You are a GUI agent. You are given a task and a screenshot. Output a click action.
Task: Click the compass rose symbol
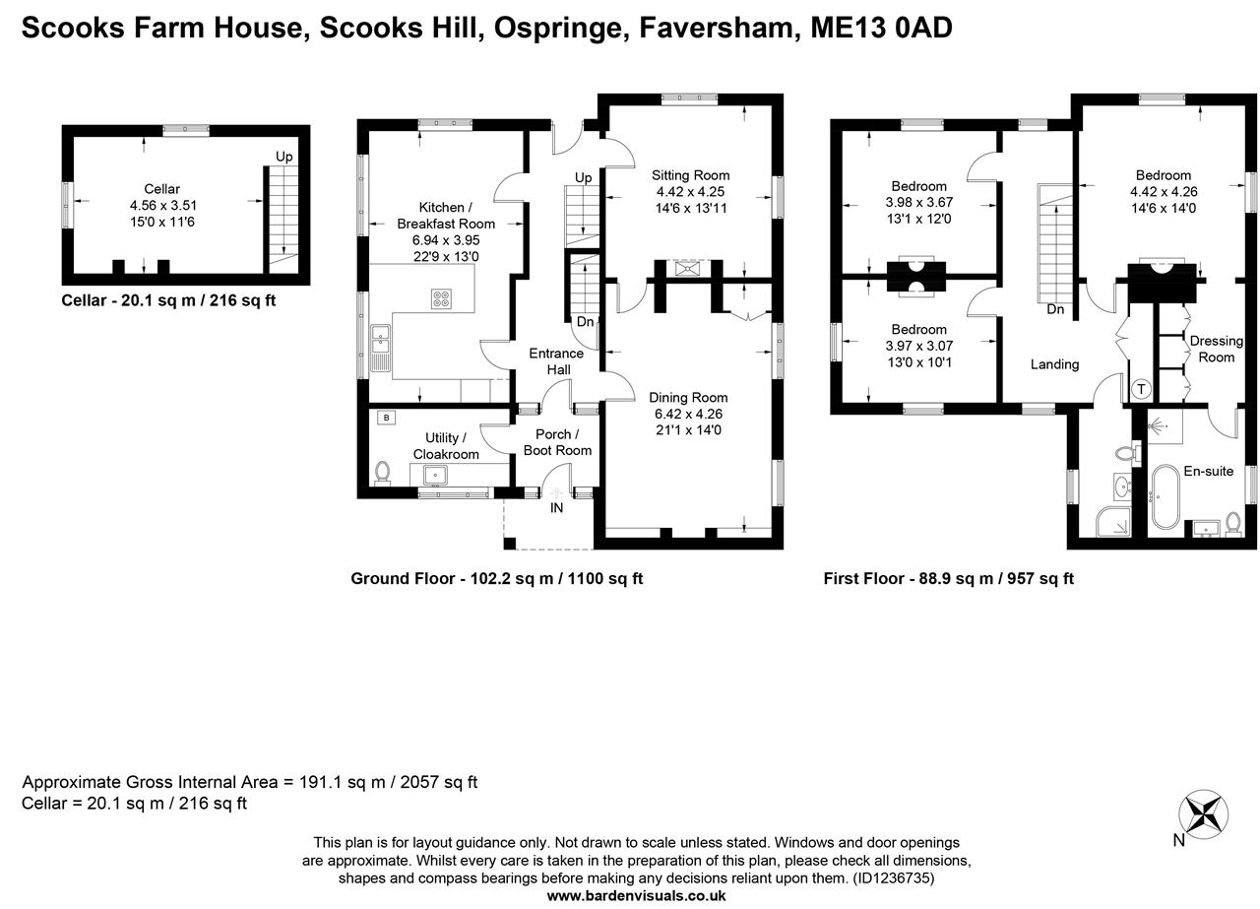[x=1204, y=814]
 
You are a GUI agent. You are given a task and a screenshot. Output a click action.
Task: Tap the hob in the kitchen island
[x=440, y=298]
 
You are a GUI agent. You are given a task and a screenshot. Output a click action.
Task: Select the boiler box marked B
[x=386, y=418]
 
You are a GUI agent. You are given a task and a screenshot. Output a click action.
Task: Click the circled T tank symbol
[x=1141, y=389]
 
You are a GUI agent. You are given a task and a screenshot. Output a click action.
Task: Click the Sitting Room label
[x=691, y=175]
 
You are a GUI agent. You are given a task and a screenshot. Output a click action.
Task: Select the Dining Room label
[x=689, y=398]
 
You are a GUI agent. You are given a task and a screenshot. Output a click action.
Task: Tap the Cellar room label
[x=161, y=189]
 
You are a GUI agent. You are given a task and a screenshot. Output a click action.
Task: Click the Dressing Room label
[x=1216, y=349]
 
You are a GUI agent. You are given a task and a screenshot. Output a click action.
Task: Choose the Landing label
[x=1054, y=364]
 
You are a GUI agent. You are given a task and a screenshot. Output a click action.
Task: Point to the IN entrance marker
[x=556, y=507]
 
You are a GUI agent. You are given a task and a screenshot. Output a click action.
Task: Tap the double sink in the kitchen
[x=380, y=345]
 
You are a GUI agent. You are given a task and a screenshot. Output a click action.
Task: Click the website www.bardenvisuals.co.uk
[x=636, y=895]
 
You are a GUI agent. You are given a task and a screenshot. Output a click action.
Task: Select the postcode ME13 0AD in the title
[x=881, y=28]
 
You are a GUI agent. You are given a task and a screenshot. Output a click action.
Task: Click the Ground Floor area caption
[x=496, y=579]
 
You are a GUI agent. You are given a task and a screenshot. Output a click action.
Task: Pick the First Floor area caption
[x=948, y=579]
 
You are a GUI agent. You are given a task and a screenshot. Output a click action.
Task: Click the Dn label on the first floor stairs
[x=1055, y=309]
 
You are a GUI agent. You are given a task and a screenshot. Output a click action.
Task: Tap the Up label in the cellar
[x=283, y=157]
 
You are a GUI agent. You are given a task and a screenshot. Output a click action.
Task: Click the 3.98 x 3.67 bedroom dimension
[x=919, y=202]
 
